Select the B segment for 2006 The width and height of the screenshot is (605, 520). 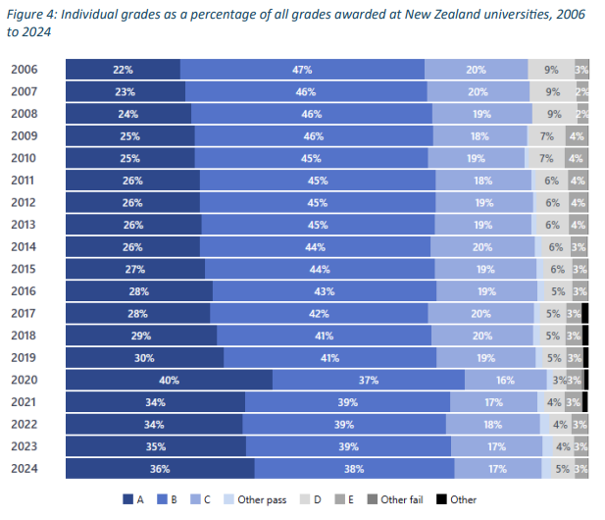coord(302,70)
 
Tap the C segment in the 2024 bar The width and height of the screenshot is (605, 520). coord(496,469)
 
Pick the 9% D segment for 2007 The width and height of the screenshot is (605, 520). coord(552,91)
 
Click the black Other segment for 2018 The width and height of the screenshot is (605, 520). coord(585,336)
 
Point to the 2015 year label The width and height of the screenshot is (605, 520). coord(25,269)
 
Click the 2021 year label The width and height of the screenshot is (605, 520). coord(25,402)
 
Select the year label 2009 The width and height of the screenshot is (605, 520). coord(25,136)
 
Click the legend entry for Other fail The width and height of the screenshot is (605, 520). coord(400,499)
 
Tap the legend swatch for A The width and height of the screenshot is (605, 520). coord(127,499)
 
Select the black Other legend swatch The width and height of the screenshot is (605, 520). coord(441,499)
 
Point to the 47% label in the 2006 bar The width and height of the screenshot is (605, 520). coord(302,70)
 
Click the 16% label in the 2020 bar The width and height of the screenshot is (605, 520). coord(505,380)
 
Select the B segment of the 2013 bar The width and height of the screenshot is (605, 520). coord(317,225)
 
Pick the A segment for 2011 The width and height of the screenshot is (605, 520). coord(132,181)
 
